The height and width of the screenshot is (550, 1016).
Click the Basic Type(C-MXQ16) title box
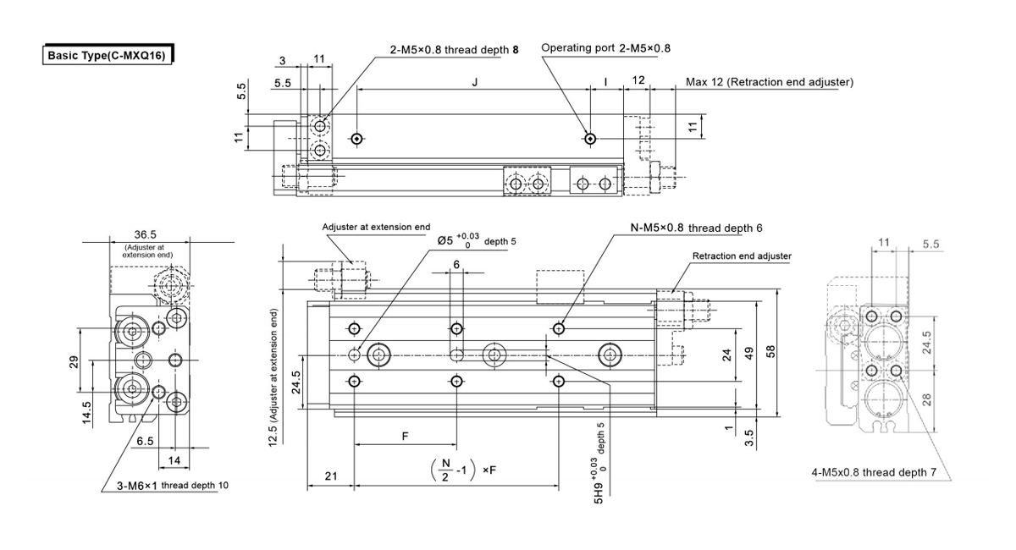(x=108, y=55)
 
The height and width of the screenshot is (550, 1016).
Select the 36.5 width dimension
(x=145, y=234)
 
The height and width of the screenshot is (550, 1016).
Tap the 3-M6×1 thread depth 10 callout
(x=173, y=486)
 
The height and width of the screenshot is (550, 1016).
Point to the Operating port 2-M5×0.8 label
(x=605, y=48)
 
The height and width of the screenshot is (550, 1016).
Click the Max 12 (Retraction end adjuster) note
(x=770, y=82)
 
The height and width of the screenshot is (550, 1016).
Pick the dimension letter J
(x=475, y=82)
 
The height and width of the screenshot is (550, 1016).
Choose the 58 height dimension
(x=770, y=351)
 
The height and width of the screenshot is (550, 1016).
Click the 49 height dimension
(x=748, y=353)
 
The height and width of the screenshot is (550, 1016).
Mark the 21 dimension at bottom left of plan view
(x=331, y=476)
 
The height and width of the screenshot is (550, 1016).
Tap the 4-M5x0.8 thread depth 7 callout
(x=874, y=472)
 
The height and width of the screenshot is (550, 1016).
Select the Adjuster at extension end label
(x=376, y=227)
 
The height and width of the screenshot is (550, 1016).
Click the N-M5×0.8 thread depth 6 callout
(x=696, y=228)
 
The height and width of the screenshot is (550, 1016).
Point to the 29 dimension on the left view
(x=74, y=361)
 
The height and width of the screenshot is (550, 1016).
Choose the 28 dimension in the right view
(x=926, y=399)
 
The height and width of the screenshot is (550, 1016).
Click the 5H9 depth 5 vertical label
(x=599, y=464)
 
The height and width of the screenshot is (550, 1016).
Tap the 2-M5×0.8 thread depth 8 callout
(x=454, y=49)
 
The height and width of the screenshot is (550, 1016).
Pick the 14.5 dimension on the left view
(x=86, y=413)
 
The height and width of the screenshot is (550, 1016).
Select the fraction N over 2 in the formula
(x=445, y=470)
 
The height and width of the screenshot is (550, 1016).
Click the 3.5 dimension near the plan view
(x=748, y=437)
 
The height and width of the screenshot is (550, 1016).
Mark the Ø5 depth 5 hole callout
(x=477, y=240)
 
